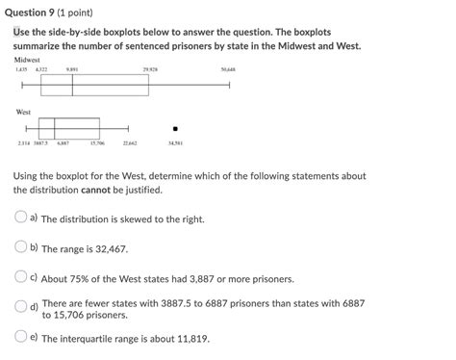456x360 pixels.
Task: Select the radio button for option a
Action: (19, 218)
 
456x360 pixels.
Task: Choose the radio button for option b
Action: (19, 246)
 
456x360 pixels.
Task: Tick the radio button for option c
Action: (19, 277)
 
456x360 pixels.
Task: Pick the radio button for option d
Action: (19, 307)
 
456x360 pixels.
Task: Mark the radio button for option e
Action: (19, 337)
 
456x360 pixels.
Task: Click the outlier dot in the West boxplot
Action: (174, 128)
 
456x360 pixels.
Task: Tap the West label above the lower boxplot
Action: (23, 112)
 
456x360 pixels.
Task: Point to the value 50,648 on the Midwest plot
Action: (229, 69)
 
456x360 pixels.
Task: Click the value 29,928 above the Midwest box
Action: (149, 69)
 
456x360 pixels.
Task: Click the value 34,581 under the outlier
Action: (174, 144)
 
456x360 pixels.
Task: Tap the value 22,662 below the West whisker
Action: (130, 144)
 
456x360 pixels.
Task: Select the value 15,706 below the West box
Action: (98, 144)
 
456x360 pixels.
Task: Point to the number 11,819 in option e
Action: (185, 339)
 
